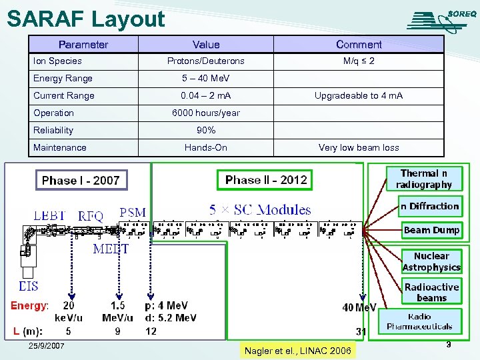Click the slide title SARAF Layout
point(86,19)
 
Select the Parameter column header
point(83,45)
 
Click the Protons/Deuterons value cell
point(205,61)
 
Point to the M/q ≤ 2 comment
point(359,61)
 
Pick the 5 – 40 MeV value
point(205,79)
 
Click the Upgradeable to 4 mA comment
point(359,96)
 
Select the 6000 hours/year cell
point(205,113)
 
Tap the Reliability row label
point(53,131)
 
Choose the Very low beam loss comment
point(359,148)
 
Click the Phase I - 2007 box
point(81,180)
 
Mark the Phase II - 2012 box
point(266,179)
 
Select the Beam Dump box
point(431,230)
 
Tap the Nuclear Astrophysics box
point(431,261)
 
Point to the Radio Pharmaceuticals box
point(429,321)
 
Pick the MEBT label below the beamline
point(111,249)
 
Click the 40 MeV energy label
point(359,307)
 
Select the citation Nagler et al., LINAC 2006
point(297,351)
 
